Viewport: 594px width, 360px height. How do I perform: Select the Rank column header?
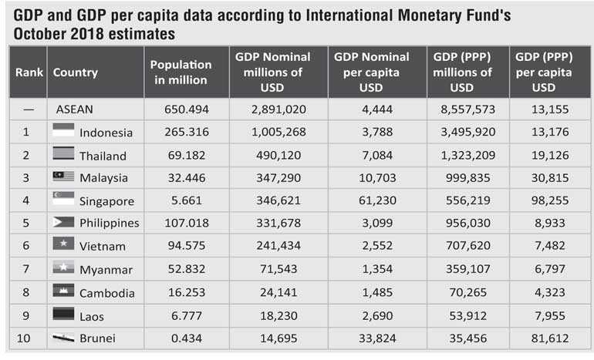click(28, 72)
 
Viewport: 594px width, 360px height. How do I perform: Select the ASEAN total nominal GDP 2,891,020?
click(280, 109)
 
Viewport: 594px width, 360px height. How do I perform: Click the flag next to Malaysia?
click(63, 177)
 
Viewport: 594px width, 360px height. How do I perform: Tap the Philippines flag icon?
click(63, 222)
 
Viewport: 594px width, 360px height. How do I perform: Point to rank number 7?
click(26, 270)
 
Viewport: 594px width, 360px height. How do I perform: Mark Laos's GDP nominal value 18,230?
click(280, 316)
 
